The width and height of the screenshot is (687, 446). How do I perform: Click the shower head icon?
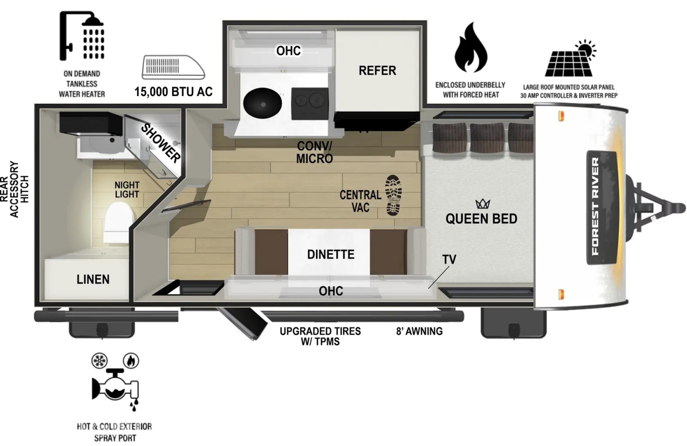82,35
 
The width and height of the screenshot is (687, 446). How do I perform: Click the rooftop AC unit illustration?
173,67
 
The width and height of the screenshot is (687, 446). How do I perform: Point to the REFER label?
377,71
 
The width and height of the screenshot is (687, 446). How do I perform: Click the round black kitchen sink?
262,103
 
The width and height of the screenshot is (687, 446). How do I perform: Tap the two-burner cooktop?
310,103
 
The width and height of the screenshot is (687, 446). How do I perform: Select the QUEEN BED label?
481,219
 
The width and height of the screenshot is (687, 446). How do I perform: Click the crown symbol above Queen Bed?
483,204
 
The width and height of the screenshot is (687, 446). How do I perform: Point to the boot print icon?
393,195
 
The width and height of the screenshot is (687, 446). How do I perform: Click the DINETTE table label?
331,254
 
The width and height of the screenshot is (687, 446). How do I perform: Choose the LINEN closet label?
93,279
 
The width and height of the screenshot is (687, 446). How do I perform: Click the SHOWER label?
161,143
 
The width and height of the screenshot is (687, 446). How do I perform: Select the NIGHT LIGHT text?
127,190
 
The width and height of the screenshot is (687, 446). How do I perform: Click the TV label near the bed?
449,259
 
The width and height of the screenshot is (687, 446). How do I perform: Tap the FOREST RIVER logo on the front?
595,206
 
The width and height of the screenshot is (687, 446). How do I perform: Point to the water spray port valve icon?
115,387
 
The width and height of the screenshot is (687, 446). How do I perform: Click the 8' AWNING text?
419,331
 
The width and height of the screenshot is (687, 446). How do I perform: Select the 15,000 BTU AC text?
173,91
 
